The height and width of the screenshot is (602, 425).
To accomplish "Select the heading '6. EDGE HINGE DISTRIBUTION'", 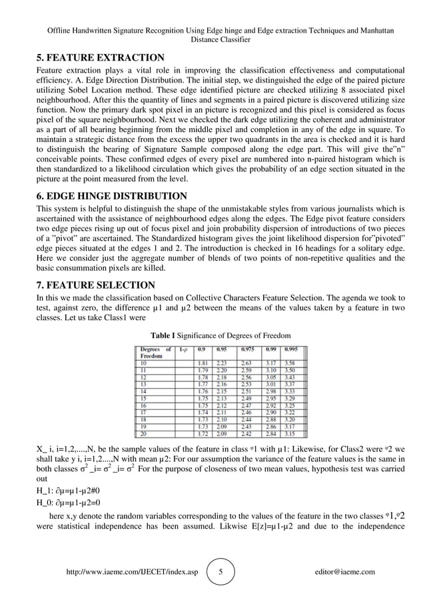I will pos(112,196).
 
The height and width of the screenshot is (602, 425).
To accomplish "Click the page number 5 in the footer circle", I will pos(221,571).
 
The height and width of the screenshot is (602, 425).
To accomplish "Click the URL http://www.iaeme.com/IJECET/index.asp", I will pos(133,572).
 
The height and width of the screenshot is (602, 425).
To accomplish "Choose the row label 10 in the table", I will pos(143,363).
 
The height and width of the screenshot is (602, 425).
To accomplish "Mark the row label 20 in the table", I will pos(143,434).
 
